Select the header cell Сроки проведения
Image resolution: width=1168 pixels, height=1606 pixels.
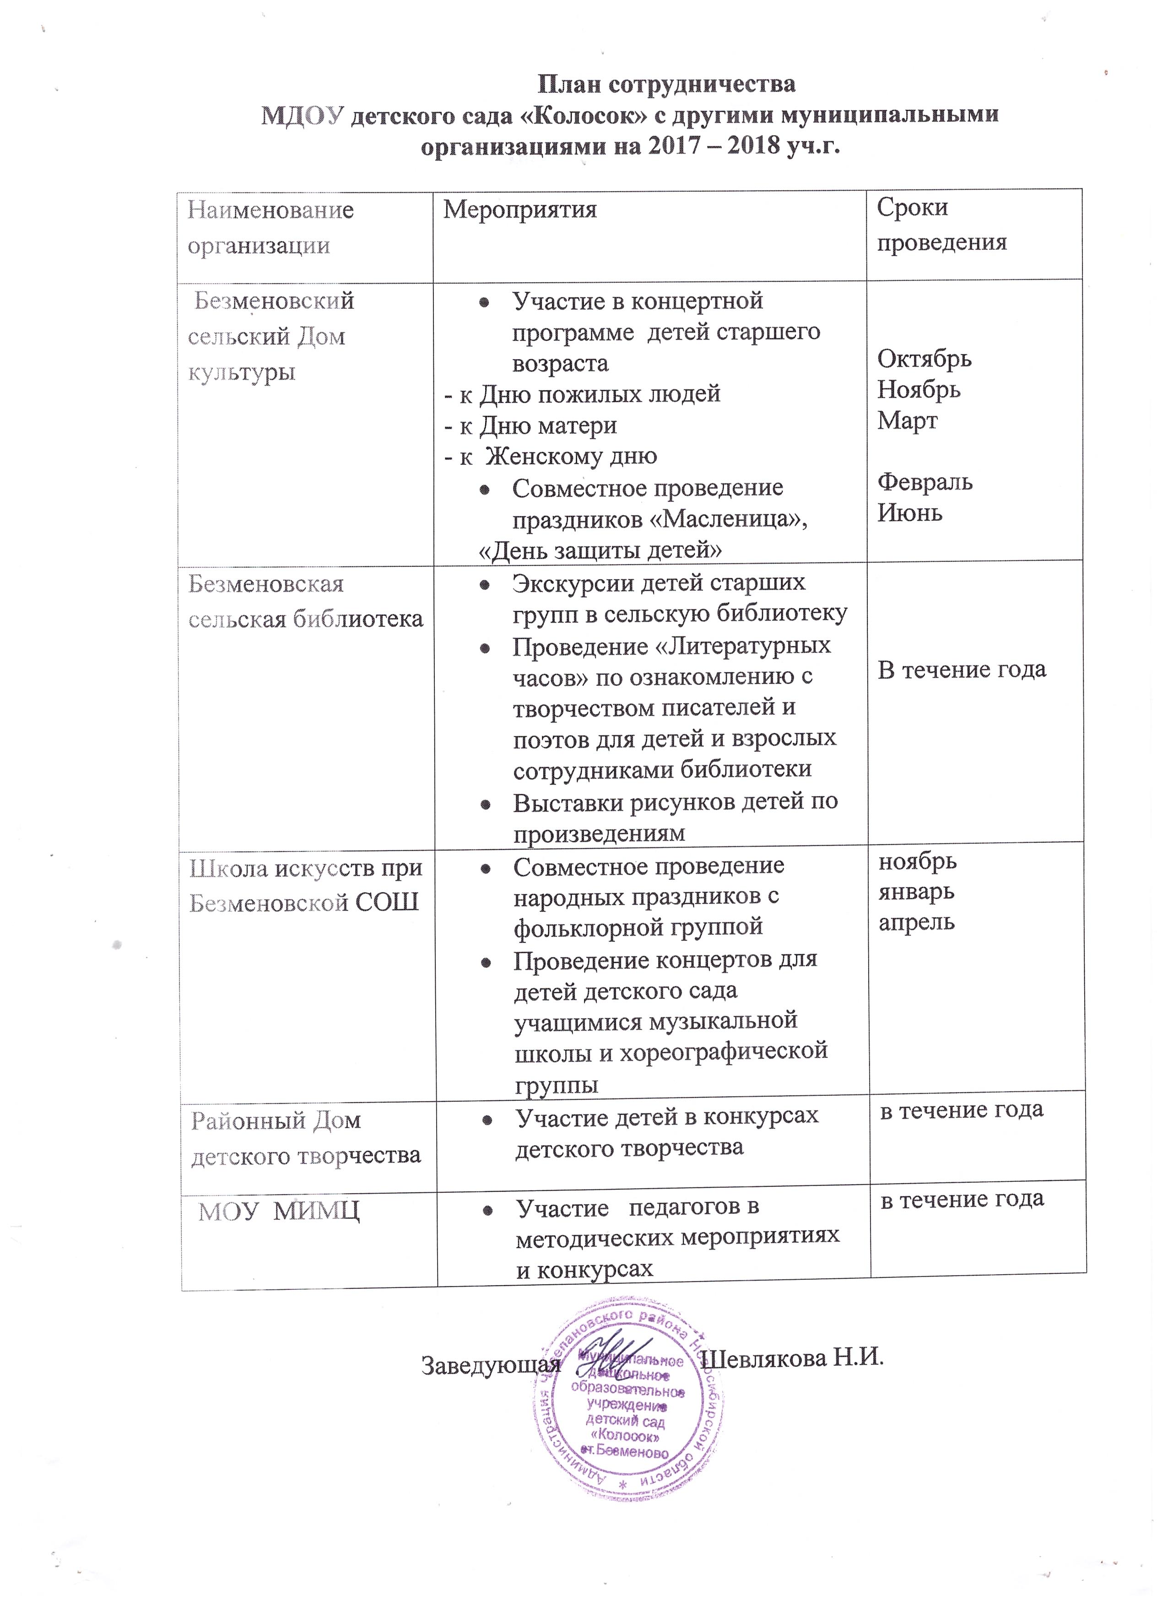point(941,225)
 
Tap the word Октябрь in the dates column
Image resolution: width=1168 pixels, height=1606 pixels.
point(925,359)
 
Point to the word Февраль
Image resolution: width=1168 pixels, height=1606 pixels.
point(925,482)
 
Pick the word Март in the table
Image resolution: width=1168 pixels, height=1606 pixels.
point(907,420)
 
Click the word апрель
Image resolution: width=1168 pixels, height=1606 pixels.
point(917,923)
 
